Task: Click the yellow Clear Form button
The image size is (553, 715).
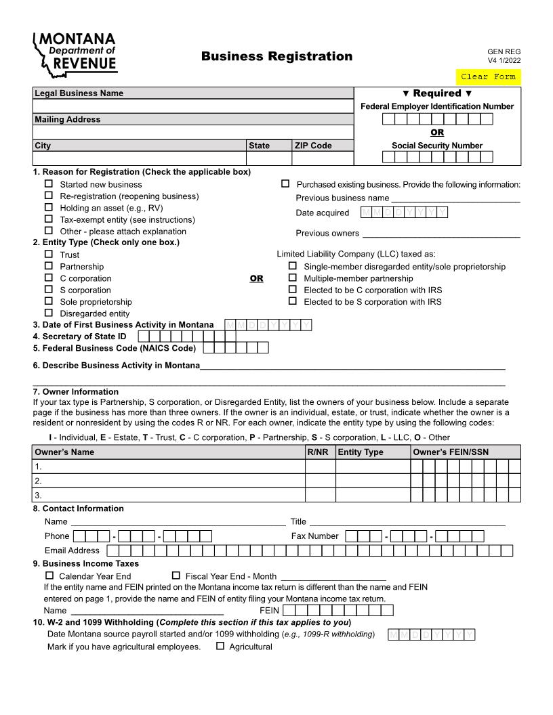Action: tap(488, 77)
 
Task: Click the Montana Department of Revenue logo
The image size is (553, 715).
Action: tap(75, 53)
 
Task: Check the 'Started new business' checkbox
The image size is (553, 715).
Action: tap(49, 184)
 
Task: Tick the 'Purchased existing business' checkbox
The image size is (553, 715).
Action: tap(285, 183)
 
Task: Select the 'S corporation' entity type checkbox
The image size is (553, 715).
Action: tap(49, 290)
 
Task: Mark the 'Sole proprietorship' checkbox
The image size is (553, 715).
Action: tap(49, 301)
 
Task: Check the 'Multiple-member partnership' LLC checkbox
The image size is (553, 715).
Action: tap(293, 278)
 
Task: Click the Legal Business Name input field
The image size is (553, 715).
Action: tap(193, 106)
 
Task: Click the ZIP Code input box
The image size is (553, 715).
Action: tap(322, 158)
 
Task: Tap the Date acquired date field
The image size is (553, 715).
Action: tap(404, 213)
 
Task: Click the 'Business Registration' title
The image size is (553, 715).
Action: tap(276, 56)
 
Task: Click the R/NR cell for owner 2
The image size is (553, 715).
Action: tap(320, 481)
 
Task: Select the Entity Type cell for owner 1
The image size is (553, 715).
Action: tap(373, 466)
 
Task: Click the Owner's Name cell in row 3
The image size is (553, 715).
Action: tap(169, 495)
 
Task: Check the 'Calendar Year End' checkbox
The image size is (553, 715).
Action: tap(49, 575)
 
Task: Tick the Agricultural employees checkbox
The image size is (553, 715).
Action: tap(220, 646)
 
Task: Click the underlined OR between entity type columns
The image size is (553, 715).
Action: tap(256, 278)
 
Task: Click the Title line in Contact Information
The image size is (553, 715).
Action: tap(407, 521)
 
